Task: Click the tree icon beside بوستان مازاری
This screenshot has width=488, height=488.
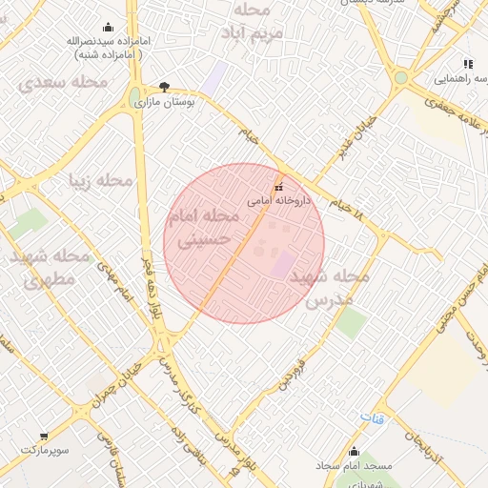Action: pyautogui.click(x=165, y=86)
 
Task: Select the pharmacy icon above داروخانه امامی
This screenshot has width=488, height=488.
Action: pyautogui.click(x=278, y=187)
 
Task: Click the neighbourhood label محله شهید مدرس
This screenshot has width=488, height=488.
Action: pyautogui.click(x=329, y=287)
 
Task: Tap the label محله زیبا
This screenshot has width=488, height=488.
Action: pyautogui.click(x=99, y=179)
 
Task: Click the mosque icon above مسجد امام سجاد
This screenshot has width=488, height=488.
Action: pyautogui.click(x=354, y=452)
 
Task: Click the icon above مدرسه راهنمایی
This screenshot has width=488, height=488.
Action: pyautogui.click(x=467, y=63)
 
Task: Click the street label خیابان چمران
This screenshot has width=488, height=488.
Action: pyautogui.click(x=118, y=381)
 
